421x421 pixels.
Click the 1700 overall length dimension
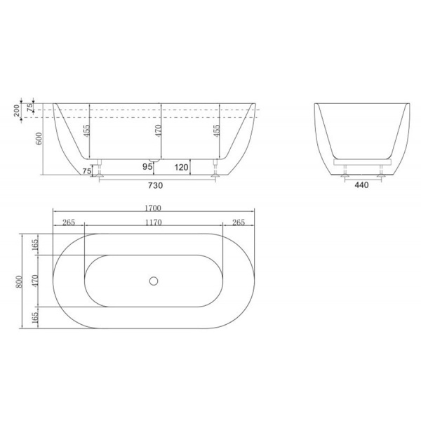coord(153,208)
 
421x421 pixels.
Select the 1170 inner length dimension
coord(154,222)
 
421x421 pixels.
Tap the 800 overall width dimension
coord(19,281)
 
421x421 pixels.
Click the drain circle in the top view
coord(154,281)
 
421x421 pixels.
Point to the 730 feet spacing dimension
coord(156,185)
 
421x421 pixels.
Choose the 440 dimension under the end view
coord(361,185)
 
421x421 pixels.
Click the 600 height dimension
coord(39,138)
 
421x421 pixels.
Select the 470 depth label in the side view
coord(159,131)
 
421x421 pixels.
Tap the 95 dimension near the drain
coord(147,167)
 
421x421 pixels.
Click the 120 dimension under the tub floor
coord(181,167)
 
